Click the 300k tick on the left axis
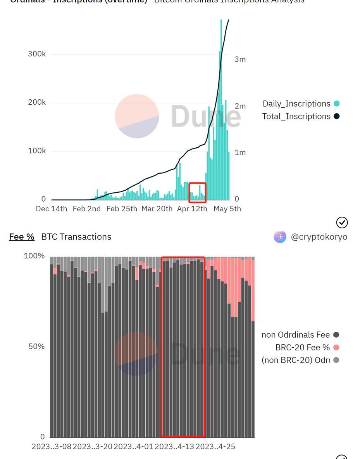tap(36, 54)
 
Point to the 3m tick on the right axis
tap(240, 59)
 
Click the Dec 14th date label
tap(51, 209)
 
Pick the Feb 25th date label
tap(121, 209)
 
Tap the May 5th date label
tap(227, 209)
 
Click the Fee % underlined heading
tap(22, 237)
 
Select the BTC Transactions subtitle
tap(76, 237)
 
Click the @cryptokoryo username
tap(319, 237)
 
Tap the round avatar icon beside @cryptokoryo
tap(280, 236)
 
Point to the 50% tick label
tap(36, 346)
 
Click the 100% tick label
tap(34, 256)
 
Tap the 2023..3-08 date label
tap(52, 446)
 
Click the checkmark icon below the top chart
tap(342, 222)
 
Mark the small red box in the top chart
tap(197, 193)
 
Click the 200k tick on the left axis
tap(36, 102)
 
